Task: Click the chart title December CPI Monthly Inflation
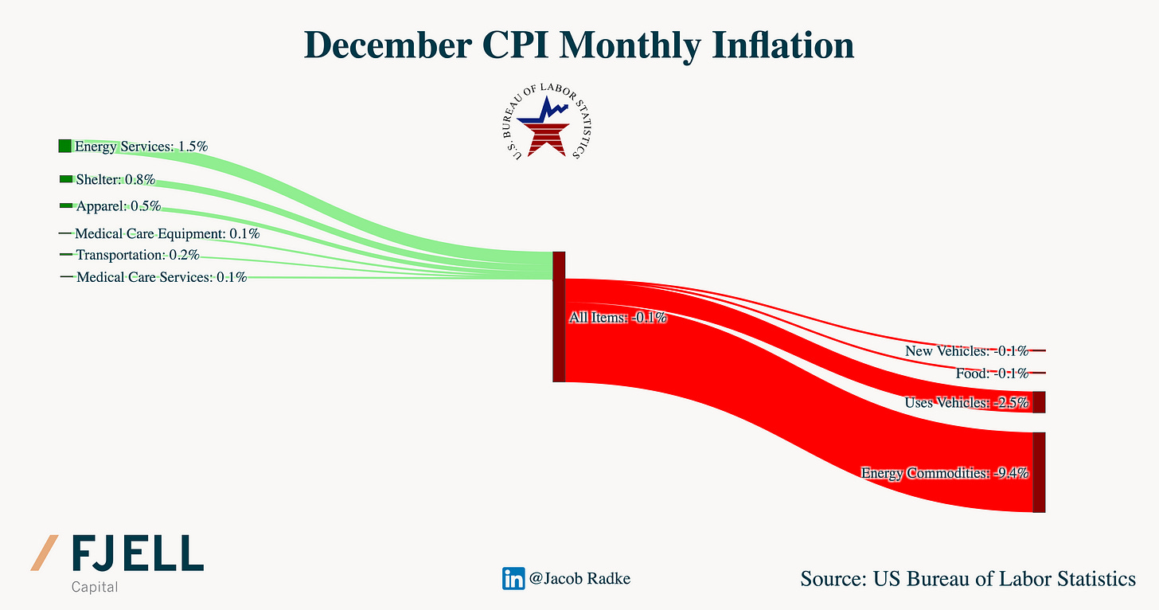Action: (579, 45)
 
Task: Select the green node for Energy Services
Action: (64, 146)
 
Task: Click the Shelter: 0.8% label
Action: (115, 179)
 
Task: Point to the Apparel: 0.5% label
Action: (119, 206)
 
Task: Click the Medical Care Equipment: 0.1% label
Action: (167, 234)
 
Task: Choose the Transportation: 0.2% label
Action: (138, 255)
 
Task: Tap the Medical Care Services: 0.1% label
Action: (162, 277)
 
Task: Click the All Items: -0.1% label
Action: (618, 318)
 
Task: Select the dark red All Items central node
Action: (559, 316)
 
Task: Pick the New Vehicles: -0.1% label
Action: (966, 350)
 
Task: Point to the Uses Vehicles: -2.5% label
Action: (966, 402)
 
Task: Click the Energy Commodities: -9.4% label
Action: (945, 473)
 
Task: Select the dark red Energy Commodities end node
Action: (1039, 472)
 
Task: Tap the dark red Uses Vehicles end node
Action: (1039, 402)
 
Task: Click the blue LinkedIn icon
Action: (513, 578)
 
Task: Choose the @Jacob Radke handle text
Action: (579, 579)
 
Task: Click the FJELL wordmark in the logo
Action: (137, 553)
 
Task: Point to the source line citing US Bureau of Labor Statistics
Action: (968, 578)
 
